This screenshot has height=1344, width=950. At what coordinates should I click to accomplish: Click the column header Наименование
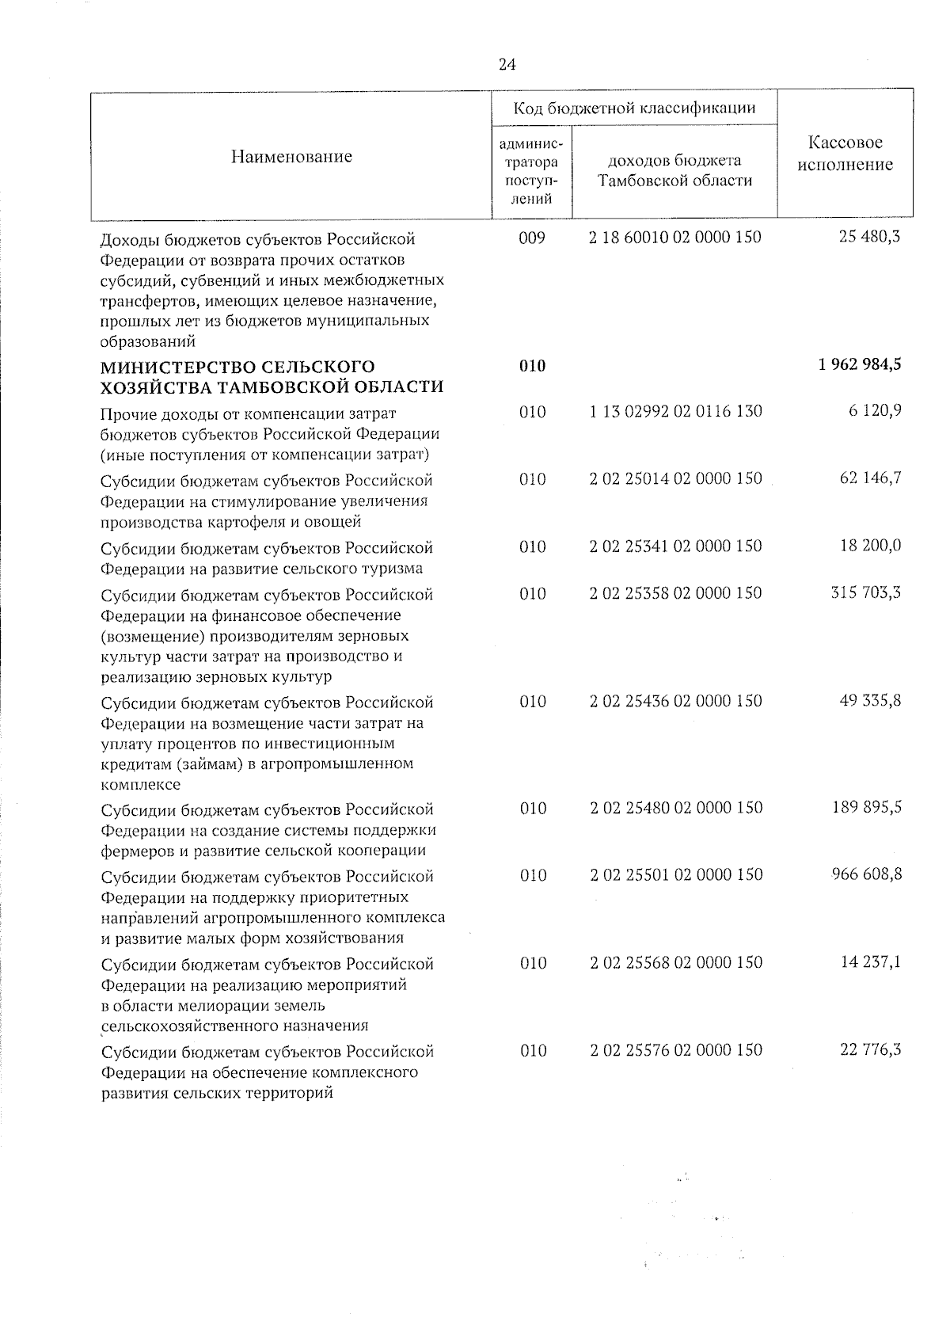291,157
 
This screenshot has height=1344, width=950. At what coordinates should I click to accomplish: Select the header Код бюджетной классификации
634,108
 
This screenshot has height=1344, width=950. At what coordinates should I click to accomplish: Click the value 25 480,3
869,237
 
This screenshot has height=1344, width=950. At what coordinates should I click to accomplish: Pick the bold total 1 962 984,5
855,365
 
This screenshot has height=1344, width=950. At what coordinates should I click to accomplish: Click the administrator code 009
532,238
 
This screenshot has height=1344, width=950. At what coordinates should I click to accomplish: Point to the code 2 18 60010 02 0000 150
675,238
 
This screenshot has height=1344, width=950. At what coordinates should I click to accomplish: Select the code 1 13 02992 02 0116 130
675,412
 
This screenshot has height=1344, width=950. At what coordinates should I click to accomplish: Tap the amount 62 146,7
869,478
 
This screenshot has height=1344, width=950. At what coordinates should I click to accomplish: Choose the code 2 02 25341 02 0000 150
675,546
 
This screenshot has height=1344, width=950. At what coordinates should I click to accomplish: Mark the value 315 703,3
865,593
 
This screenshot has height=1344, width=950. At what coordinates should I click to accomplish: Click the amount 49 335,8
869,701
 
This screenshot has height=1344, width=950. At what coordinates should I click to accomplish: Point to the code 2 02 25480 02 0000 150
676,808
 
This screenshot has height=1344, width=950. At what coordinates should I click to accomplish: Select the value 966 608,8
865,874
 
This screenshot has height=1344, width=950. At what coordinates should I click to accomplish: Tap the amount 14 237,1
869,962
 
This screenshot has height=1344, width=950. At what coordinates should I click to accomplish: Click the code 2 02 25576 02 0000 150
676,1050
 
